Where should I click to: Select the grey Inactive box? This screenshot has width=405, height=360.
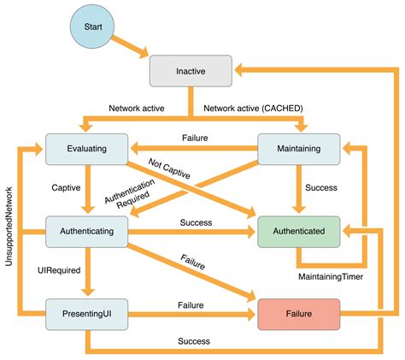[191, 71]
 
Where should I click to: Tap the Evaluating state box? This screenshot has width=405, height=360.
[85, 148]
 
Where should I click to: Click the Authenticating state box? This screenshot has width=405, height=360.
[85, 230]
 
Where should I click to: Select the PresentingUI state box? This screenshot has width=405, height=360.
[85, 313]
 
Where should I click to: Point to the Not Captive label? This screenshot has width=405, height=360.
[170, 168]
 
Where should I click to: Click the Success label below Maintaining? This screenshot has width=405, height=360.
[321, 187]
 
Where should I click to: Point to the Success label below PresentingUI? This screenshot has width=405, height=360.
[194, 340]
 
